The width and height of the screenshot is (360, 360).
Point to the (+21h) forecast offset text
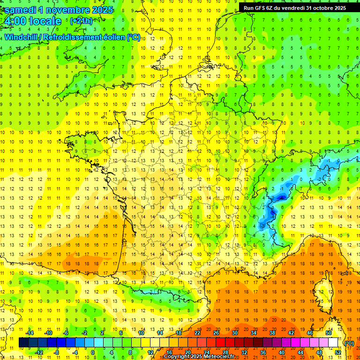coord(81,21)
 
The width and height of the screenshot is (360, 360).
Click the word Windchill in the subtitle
coord(22,37)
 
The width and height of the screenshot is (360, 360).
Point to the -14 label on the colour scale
coord(30,333)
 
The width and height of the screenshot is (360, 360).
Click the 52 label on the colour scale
coord(337,352)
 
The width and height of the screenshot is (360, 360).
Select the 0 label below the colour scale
coord(92,352)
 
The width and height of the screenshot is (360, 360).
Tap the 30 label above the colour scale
coord(234,333)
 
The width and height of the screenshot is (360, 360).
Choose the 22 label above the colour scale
coord(197,333)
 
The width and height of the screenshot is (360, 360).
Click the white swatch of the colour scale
coord(333,343)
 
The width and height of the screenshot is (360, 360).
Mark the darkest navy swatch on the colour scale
coord(23,343)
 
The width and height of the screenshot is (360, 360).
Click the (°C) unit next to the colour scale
coord(349,343)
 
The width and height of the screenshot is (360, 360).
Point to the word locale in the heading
coord(45,21)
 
